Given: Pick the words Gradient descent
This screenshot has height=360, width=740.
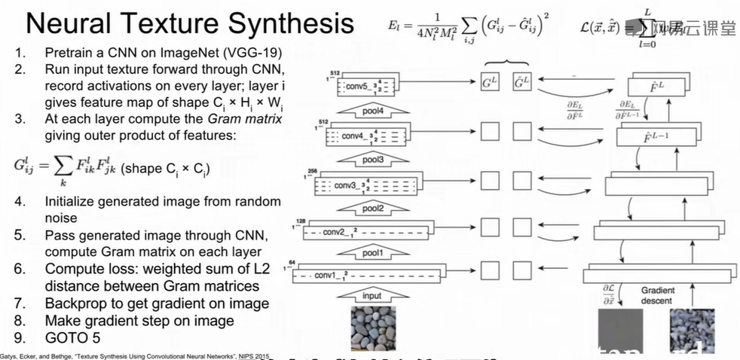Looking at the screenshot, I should tap(658, 295).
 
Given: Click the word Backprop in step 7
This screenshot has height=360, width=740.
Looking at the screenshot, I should tap(77, 304).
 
